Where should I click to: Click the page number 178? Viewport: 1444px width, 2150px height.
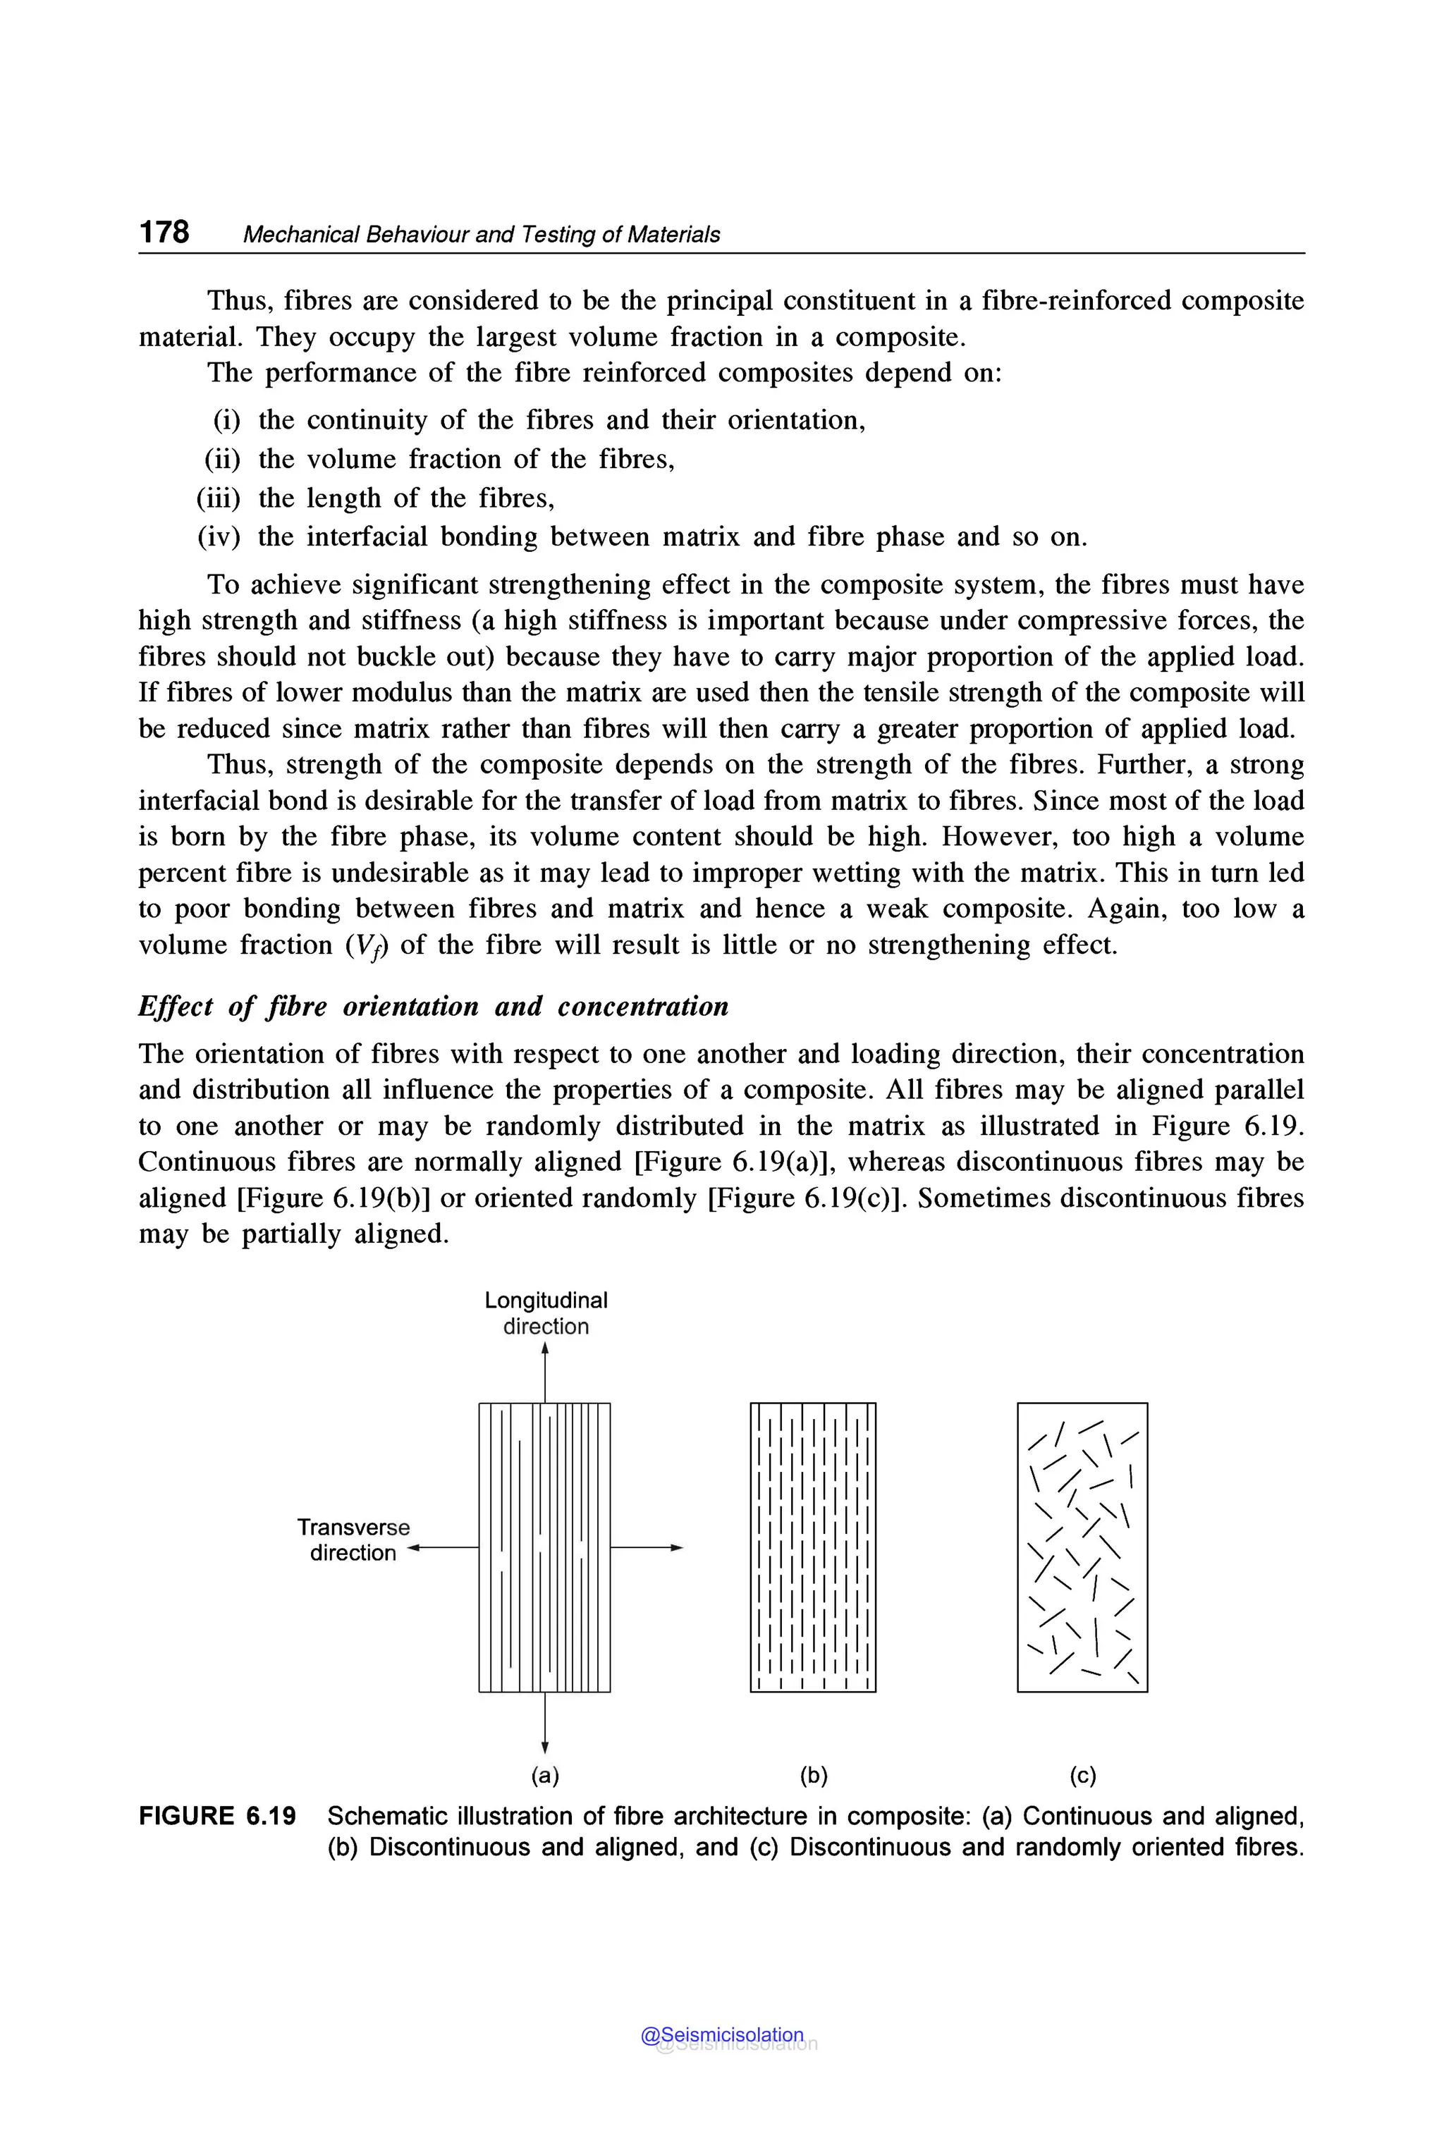coord(164,231)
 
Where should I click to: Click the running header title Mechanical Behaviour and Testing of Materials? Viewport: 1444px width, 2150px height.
coord(481,235)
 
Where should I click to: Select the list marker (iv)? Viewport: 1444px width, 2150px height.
coord(219,537)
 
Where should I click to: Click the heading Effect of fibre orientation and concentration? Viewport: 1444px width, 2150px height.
coord(433,1007)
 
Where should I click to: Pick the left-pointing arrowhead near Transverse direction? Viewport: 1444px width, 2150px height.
coord(413,1548)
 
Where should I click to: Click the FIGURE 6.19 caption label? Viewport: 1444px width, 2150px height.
coord(217,1817)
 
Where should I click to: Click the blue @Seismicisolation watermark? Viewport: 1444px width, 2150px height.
coord(722,2035)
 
